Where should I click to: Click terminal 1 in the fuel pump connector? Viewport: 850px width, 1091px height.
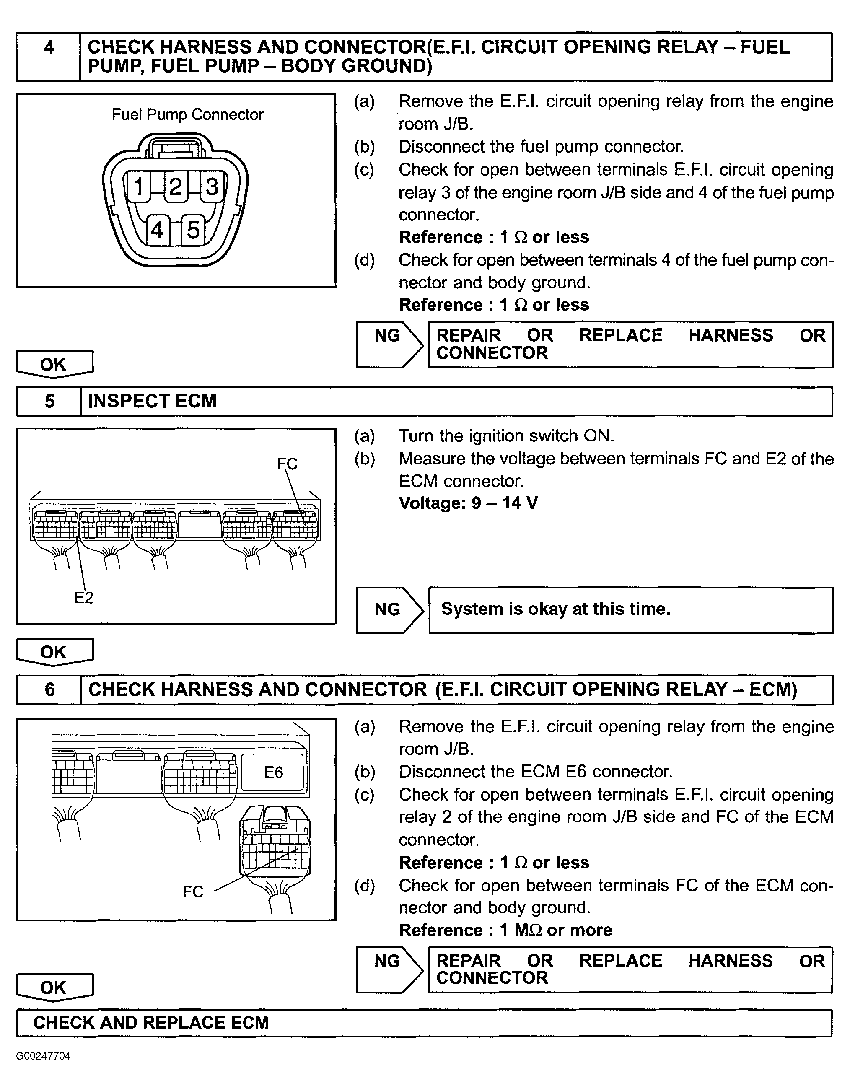click(139, 187)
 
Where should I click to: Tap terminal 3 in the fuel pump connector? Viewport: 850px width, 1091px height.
click(212, 187)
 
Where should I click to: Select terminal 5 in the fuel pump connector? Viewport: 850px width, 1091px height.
click(193, 230)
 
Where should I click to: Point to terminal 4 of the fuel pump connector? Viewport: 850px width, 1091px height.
click(157, 230)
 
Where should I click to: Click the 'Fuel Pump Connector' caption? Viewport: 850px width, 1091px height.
click(187, 115)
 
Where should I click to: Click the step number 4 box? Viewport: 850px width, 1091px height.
click(49, 57)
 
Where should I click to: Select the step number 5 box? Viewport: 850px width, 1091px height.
click(49, 401)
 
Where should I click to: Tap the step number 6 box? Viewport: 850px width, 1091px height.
click(49, 690)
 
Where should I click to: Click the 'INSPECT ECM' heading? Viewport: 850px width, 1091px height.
click(152, 401)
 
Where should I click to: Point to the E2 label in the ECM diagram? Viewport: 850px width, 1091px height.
click(83, 597)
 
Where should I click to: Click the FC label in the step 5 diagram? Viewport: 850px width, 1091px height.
click(287, 464)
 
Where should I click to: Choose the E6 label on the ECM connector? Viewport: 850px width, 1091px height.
click(273, 773)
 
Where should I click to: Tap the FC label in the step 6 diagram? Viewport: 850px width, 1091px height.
click(193, 891)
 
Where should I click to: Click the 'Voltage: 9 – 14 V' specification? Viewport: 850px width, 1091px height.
click(468, 503)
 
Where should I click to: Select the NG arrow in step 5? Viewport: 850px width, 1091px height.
click(389, 610)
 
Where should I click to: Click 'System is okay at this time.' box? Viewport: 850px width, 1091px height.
click(630, 610)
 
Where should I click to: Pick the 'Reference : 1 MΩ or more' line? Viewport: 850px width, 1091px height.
click(505, 930)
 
